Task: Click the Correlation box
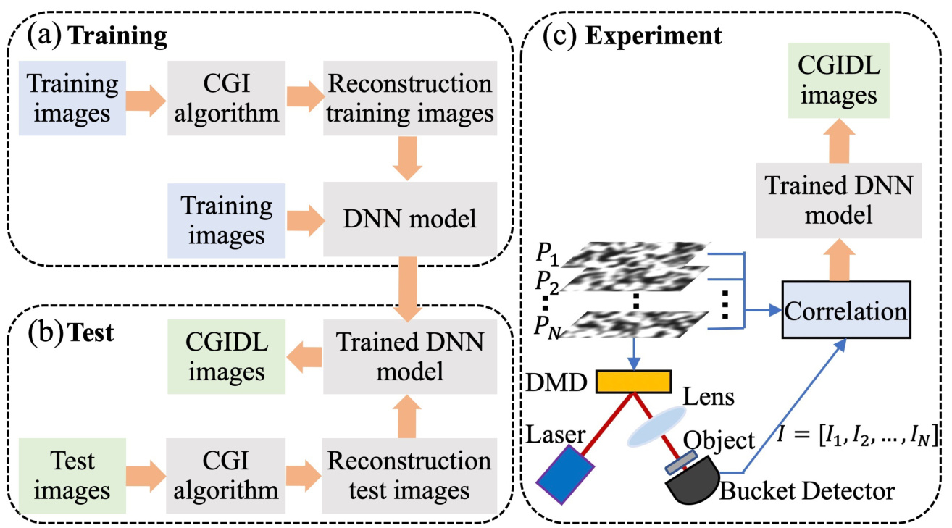[845, 311]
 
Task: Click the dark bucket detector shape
[692, 485]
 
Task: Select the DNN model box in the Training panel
[410, 218]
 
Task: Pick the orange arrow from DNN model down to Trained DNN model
[410, 285]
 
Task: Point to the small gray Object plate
[685, 460]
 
